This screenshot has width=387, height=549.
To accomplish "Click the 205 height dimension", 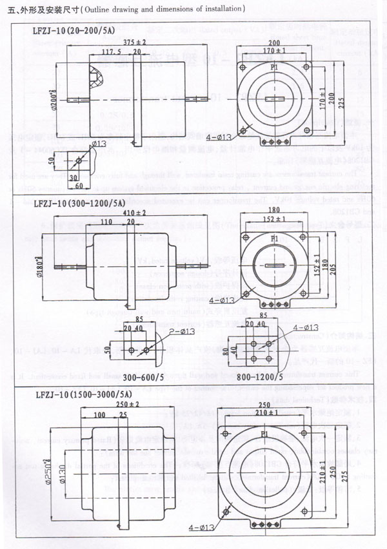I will tap(315, 267).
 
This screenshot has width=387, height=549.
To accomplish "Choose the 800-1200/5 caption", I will tap(261, 376).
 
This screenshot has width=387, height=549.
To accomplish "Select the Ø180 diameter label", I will tap(41, 266).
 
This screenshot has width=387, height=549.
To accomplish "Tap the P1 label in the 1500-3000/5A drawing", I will tap(264, 435).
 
